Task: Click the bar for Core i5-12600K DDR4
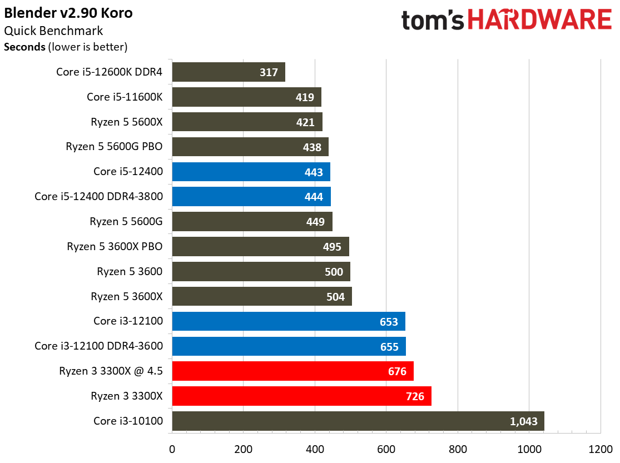(228, 72)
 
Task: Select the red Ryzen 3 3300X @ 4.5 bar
(292, 371)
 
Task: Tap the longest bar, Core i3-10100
(358, 421)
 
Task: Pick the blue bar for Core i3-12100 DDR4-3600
(289, 346)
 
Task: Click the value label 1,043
(524, 421)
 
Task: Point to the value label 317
(269, 72)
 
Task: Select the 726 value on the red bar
(415, 396)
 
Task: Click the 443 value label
(314, 172)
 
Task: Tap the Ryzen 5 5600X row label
(127, 122)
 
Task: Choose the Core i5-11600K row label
(125, 97)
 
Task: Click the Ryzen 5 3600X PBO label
(115, 246)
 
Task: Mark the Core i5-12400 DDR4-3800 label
(98, 196)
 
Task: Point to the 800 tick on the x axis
(457, 449)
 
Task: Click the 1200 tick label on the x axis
(599, 449)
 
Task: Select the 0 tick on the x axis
(172, 449)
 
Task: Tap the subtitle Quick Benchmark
(53, 31)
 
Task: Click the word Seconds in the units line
(25, 47)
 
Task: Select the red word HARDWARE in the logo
(539, 21)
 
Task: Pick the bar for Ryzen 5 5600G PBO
(250, 147)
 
